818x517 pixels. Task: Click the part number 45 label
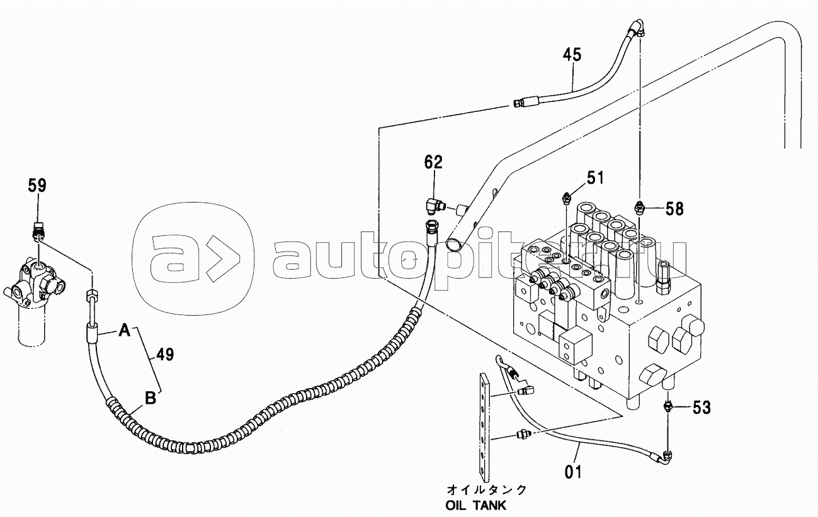point(572,55)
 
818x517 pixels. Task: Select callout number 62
point(433,162)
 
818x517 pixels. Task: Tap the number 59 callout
point(37,186)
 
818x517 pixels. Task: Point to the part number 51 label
point(595,178)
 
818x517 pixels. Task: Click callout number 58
point(674,209)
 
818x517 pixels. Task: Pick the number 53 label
point(702,408)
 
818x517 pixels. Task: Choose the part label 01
point(572,472)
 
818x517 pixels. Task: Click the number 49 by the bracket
point(165,354)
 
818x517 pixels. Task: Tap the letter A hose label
point(125,331)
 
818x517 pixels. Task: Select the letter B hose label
point(151,398)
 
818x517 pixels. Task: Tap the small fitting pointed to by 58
point(639,207)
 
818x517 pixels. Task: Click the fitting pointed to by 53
point(667,406)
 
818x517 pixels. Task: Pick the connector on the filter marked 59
point(38,231)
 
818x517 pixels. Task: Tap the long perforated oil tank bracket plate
point(484,429)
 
